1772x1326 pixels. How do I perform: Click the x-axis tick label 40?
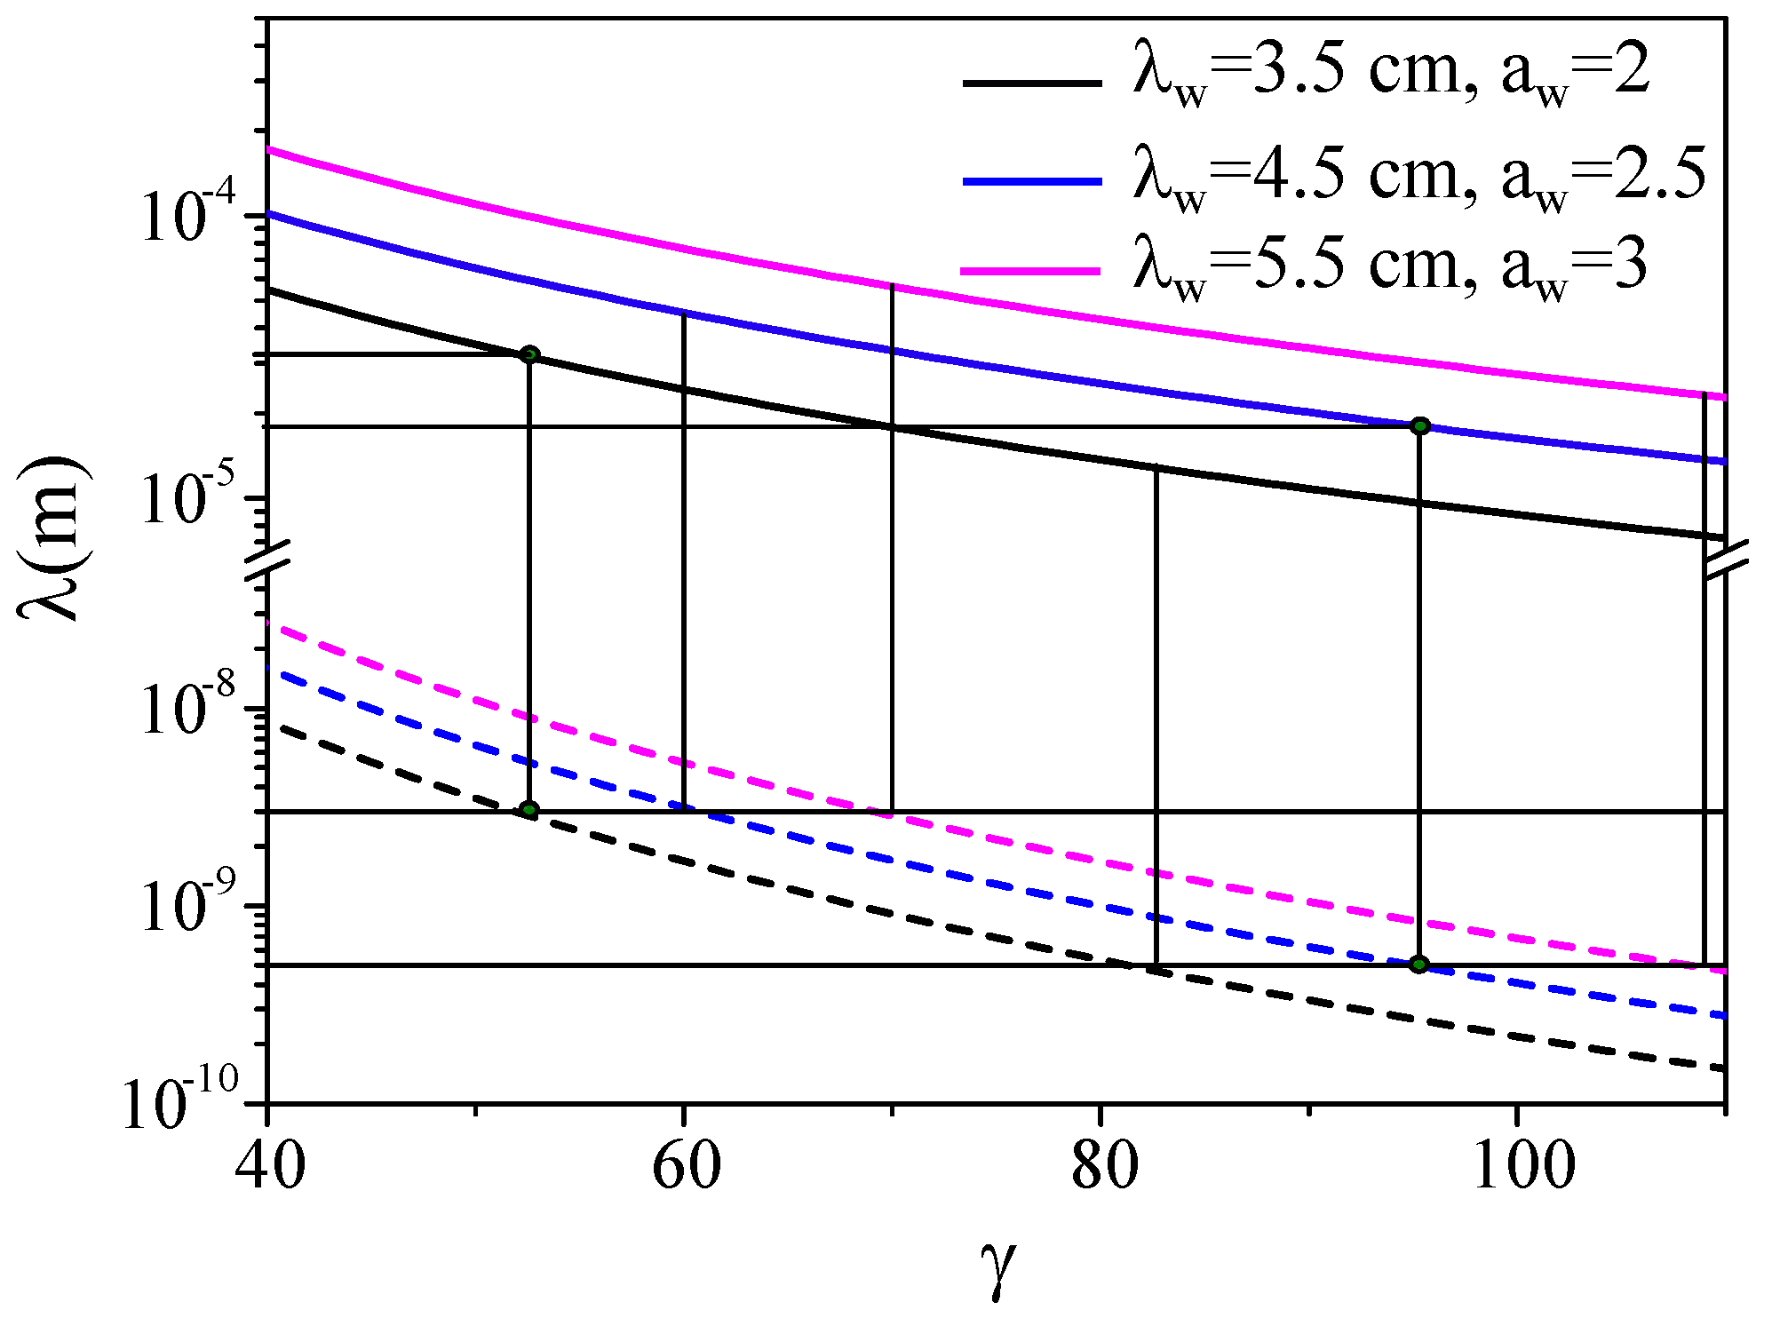270,1165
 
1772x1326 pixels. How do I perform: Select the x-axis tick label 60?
686,1165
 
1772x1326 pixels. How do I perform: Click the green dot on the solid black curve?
529,355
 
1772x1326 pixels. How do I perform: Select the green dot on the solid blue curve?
1419,425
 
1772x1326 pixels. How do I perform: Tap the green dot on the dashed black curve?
529,810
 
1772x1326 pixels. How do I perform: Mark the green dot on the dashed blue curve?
1418,964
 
